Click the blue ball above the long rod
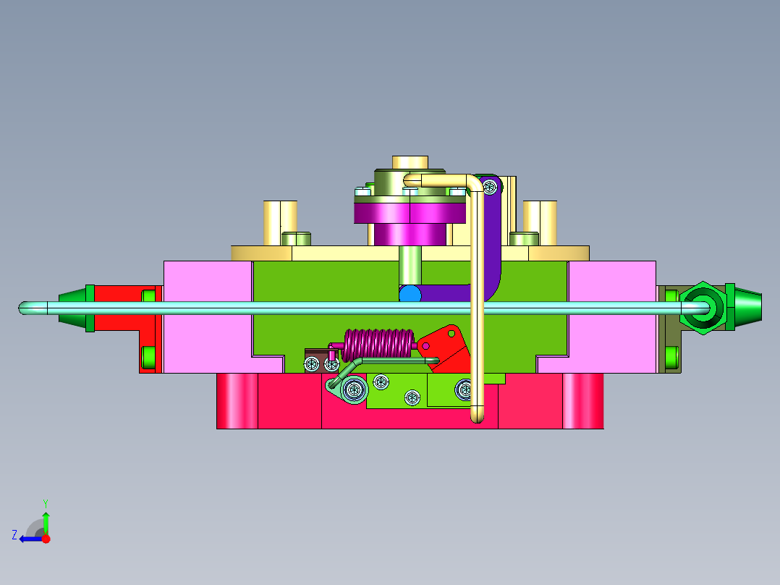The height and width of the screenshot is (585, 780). pos(410,293)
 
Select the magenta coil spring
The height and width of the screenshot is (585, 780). pos(378,345)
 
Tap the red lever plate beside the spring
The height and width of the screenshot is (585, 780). pos(445,348)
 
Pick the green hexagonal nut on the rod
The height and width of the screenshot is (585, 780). pos(703,308)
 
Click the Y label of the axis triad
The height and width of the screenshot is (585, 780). pos(46,503)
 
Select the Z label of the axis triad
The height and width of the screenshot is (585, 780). pos(14,535)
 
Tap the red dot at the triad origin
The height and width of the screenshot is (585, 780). pos(46,539)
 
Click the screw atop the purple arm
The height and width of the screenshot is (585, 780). pos(490,188)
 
